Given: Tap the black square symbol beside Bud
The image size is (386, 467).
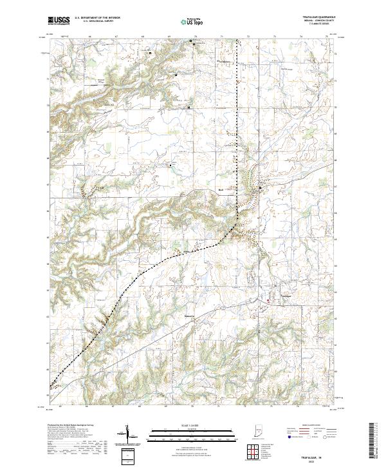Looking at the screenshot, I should click(x=260, y=188).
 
